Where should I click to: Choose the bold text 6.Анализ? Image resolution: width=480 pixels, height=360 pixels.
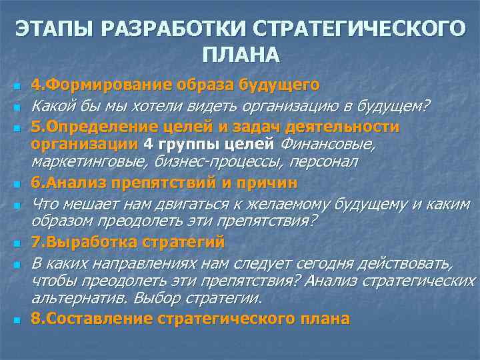(x=63, y=183)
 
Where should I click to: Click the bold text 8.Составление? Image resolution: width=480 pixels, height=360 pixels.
(x=85, y=319)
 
